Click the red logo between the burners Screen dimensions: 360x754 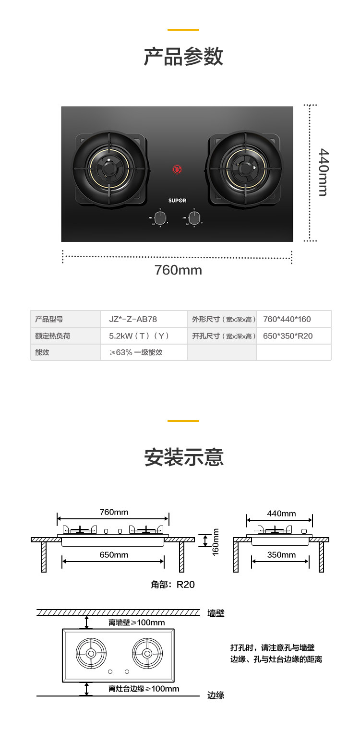point(177,169)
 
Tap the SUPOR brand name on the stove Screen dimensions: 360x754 point(177,201)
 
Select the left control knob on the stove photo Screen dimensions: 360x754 point(160,218)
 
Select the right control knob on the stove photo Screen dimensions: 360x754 point(194,218)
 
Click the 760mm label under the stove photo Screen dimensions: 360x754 point(178,270)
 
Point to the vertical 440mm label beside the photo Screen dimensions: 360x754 point(324,172)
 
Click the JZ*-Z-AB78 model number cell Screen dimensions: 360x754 point(133,319)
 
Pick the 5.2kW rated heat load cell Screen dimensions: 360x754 point(139,336)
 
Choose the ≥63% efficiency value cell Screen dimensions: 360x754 point(136,352)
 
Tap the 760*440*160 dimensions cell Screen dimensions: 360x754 point(287,319)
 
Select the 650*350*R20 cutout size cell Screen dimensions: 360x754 point(288,336)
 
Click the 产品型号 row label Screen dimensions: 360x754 point(49,319)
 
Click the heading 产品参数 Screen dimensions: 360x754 point(183,57)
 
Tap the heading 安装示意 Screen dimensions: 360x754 point(184,457)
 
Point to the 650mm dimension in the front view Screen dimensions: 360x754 point(114,555)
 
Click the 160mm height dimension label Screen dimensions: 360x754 point(216,542)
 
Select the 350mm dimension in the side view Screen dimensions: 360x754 point(281,555)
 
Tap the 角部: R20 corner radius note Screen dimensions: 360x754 point(173,585)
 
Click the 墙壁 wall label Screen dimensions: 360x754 point(216,613)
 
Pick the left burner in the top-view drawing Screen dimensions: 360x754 point(91,653)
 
